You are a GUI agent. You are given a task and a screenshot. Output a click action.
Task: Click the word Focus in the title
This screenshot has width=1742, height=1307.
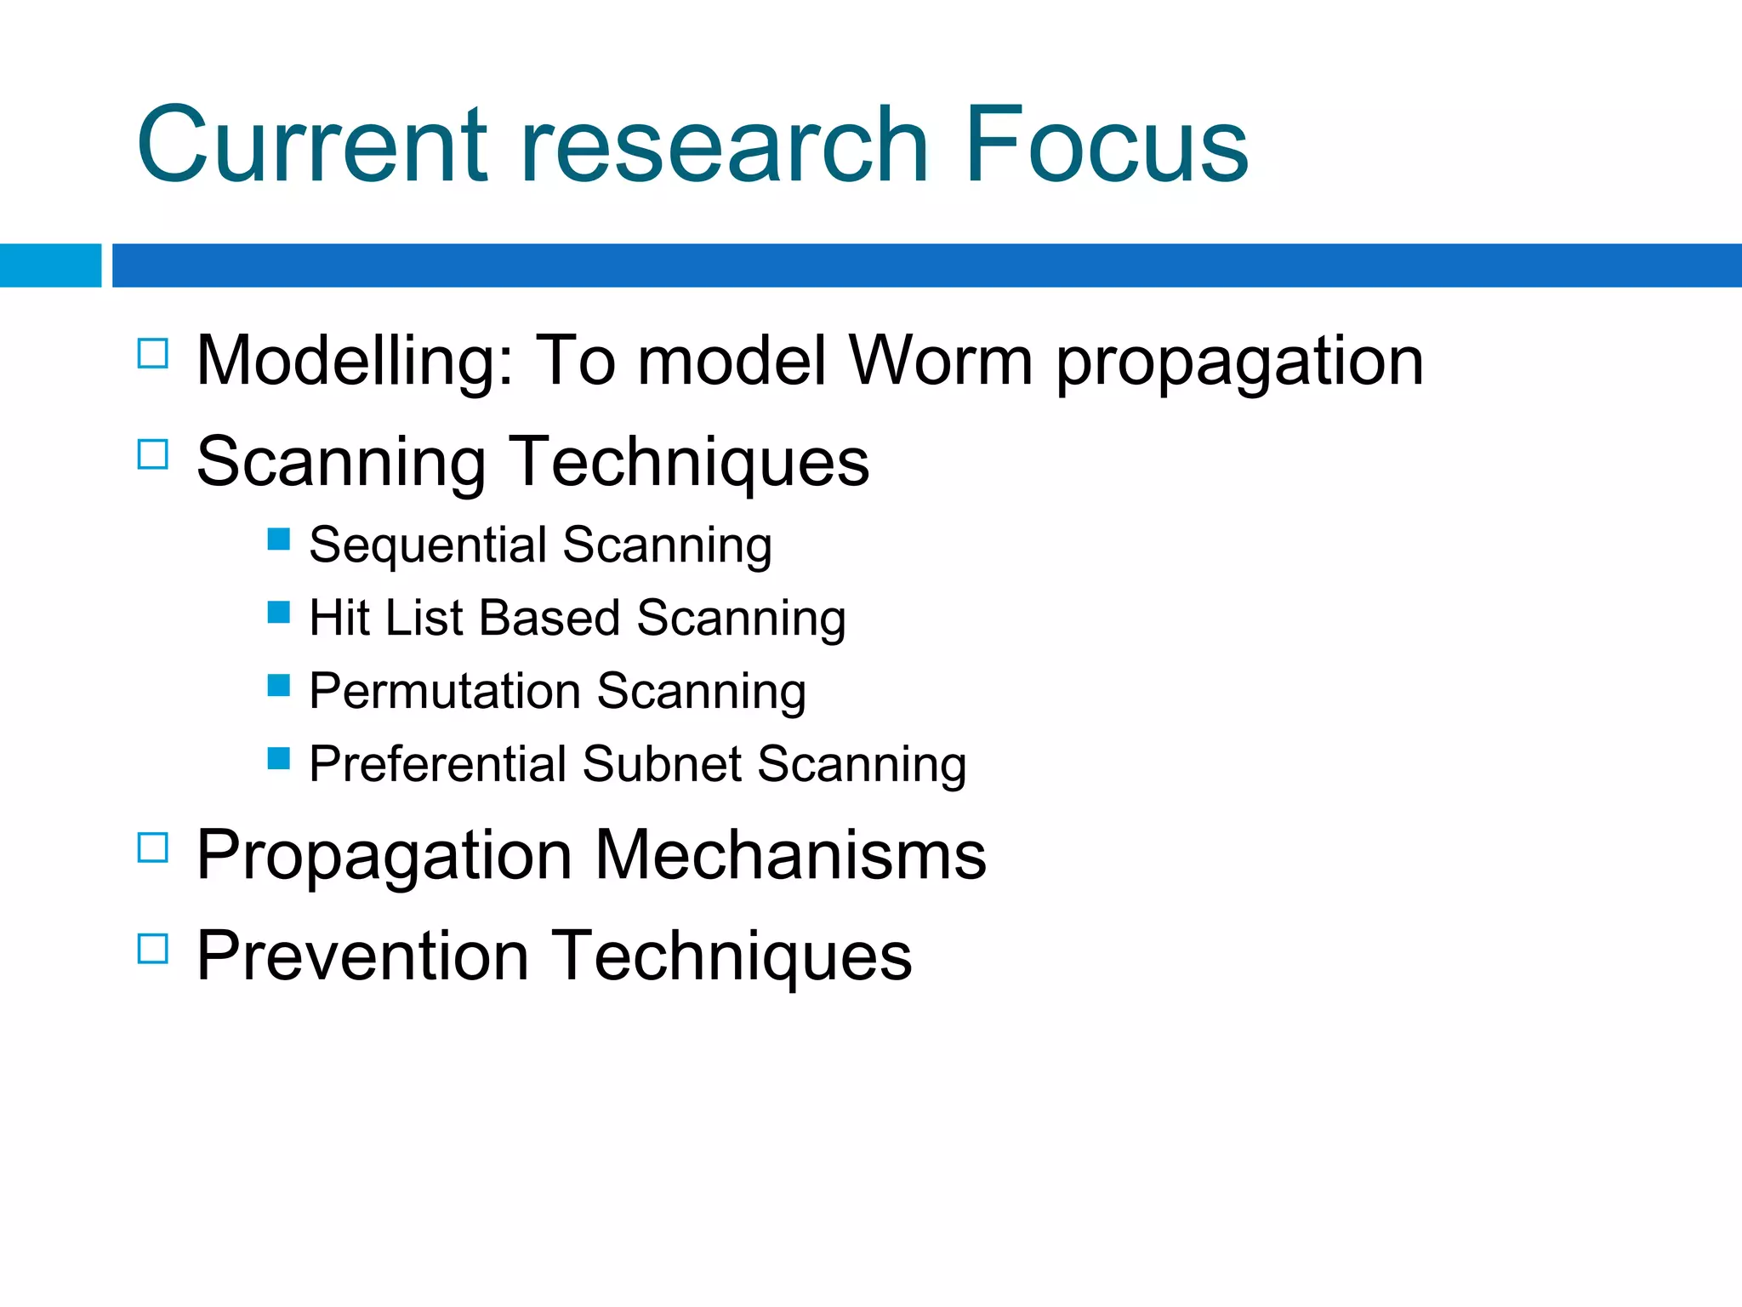(1106, 145)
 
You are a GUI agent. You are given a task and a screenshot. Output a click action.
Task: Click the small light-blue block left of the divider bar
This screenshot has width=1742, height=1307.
(50, 265)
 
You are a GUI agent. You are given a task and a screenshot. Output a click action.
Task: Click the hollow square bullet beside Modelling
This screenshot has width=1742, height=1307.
(153, 353)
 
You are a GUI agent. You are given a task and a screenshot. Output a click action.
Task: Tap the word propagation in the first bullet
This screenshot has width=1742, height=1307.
(1239, 364)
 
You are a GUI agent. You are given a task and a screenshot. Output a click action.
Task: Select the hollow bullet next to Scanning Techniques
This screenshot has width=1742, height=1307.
(153, 454)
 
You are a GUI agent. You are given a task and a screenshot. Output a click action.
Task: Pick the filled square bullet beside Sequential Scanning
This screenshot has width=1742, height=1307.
(278, 539)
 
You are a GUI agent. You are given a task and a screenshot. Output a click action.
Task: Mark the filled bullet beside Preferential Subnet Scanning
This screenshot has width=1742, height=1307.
(278, 758)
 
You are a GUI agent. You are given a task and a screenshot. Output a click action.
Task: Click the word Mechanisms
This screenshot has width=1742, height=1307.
(790, 855)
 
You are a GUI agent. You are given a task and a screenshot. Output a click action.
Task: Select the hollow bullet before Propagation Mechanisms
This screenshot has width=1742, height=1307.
(153, 848)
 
